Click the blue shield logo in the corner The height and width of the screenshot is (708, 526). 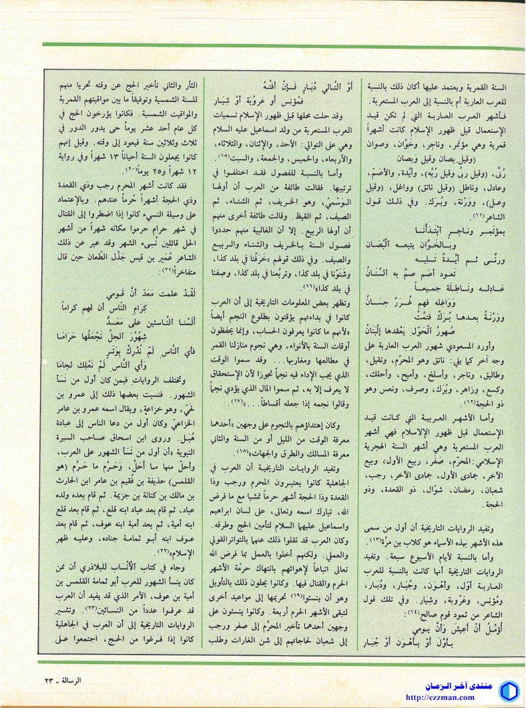(x=509, y=691)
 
